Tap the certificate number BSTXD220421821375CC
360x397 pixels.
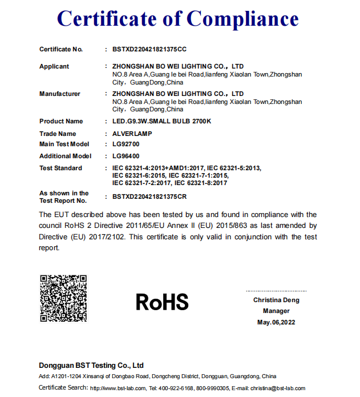tap(149, 49)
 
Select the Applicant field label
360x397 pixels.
tap(54, 66)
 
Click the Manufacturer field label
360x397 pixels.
tap(60, 94)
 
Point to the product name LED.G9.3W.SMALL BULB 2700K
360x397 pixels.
tap(161, 121)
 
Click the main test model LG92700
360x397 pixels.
tap(126, 144)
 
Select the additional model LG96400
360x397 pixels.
tap(126, 156)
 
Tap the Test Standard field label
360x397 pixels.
tap(60, 168)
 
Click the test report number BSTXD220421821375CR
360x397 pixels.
tap(149, 197)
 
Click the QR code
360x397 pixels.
tap(63, 299)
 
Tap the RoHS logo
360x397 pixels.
tap(162, 302)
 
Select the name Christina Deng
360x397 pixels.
tap(276, 300)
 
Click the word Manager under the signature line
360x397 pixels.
tap(276, 311)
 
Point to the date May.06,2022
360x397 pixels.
tap(276, 322)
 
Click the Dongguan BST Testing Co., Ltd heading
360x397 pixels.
tap(91, 366)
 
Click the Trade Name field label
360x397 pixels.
tap(58, 134)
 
